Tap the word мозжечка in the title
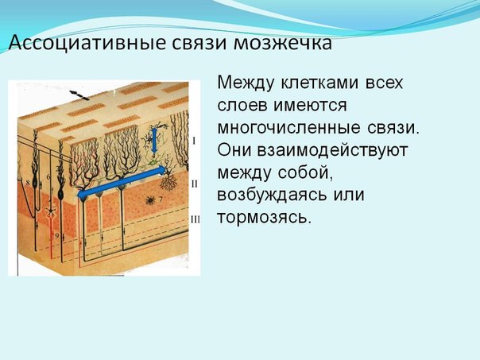[283, 43]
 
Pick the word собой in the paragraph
[305, 172]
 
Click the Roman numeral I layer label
[194, 141]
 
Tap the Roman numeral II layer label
[195, 184]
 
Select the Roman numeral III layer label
[195, 219]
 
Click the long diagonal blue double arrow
[122, 182]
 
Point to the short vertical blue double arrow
[154, 140]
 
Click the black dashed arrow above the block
[79, 95]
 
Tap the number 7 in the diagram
[161, 199]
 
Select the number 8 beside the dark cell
[28, 183]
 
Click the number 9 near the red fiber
[56, 236]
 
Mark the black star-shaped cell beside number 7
[150, 200]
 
